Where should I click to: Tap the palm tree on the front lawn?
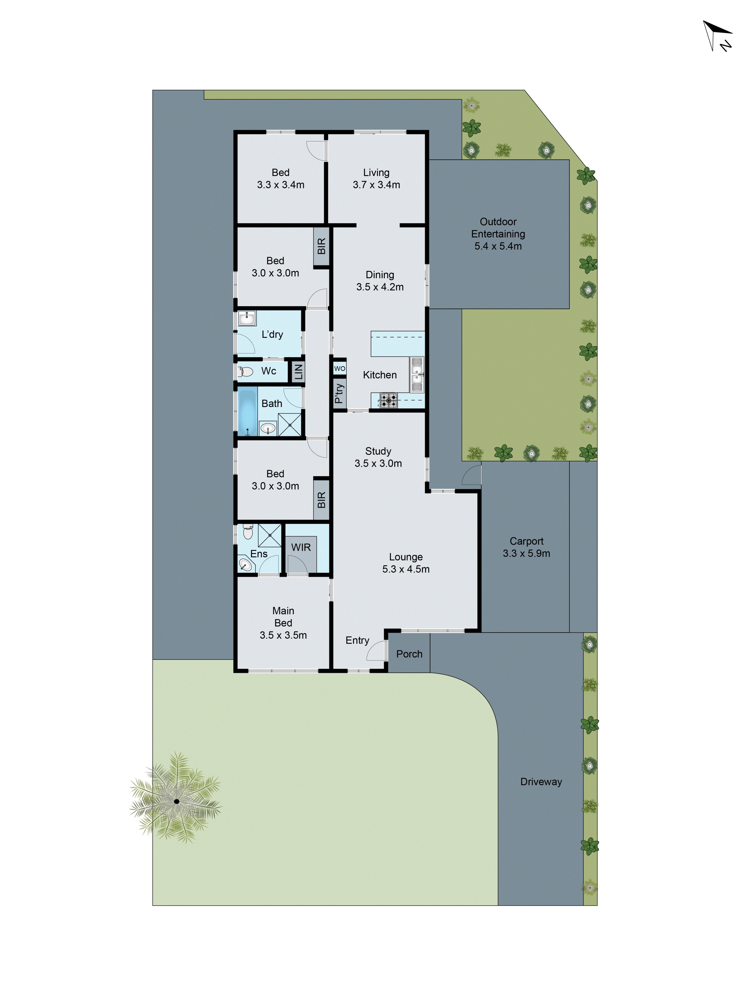176,801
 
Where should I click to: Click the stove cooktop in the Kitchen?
388,400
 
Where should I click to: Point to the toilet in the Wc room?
245,372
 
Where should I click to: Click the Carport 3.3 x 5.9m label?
526,547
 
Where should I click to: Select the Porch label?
409,654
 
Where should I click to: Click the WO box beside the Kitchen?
339,368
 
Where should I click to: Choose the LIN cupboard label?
298,372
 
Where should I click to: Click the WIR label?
301,547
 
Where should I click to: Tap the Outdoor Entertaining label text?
498,234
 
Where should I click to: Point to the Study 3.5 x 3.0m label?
378,457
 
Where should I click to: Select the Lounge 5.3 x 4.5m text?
405,563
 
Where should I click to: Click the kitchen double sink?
417,374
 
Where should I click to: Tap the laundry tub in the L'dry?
247,318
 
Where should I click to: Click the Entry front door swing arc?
376,651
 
